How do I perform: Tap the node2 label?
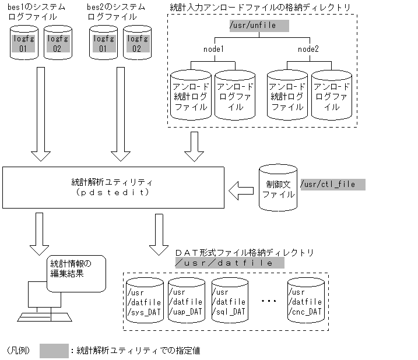coord(308,50)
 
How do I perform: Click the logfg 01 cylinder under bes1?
coord(24,43)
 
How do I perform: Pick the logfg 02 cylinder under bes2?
coord(136,43)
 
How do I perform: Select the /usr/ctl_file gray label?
coord(332,185)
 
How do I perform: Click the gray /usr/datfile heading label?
coord(229,263)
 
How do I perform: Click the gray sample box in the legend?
coord(54,351)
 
